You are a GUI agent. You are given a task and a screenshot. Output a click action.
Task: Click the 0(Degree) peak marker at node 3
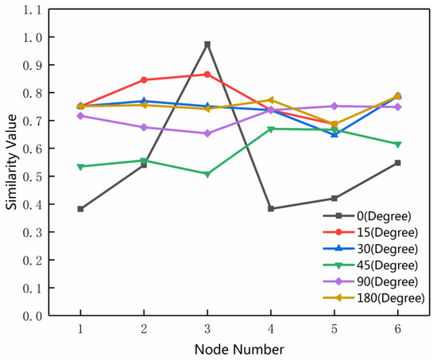point(207,45)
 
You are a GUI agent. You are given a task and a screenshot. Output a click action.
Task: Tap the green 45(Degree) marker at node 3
point(207,174)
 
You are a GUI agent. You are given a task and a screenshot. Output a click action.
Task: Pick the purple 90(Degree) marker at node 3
point(207,134)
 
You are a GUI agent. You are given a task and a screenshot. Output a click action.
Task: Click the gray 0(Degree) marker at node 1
point(80,209)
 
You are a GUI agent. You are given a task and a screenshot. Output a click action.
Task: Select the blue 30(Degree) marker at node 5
point(335,134)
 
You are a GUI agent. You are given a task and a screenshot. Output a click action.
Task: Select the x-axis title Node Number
point(239,348)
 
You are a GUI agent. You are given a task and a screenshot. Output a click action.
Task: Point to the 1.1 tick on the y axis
point(34,9)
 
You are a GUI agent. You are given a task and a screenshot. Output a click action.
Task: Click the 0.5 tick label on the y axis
point(34,176)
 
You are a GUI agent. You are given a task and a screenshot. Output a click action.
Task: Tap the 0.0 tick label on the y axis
point(34,316)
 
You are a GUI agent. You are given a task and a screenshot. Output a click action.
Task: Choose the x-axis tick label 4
point(271,328)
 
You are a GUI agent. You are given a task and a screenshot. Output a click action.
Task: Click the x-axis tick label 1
point(80,328)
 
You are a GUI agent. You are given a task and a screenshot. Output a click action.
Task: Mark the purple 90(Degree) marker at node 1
point(80,116)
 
